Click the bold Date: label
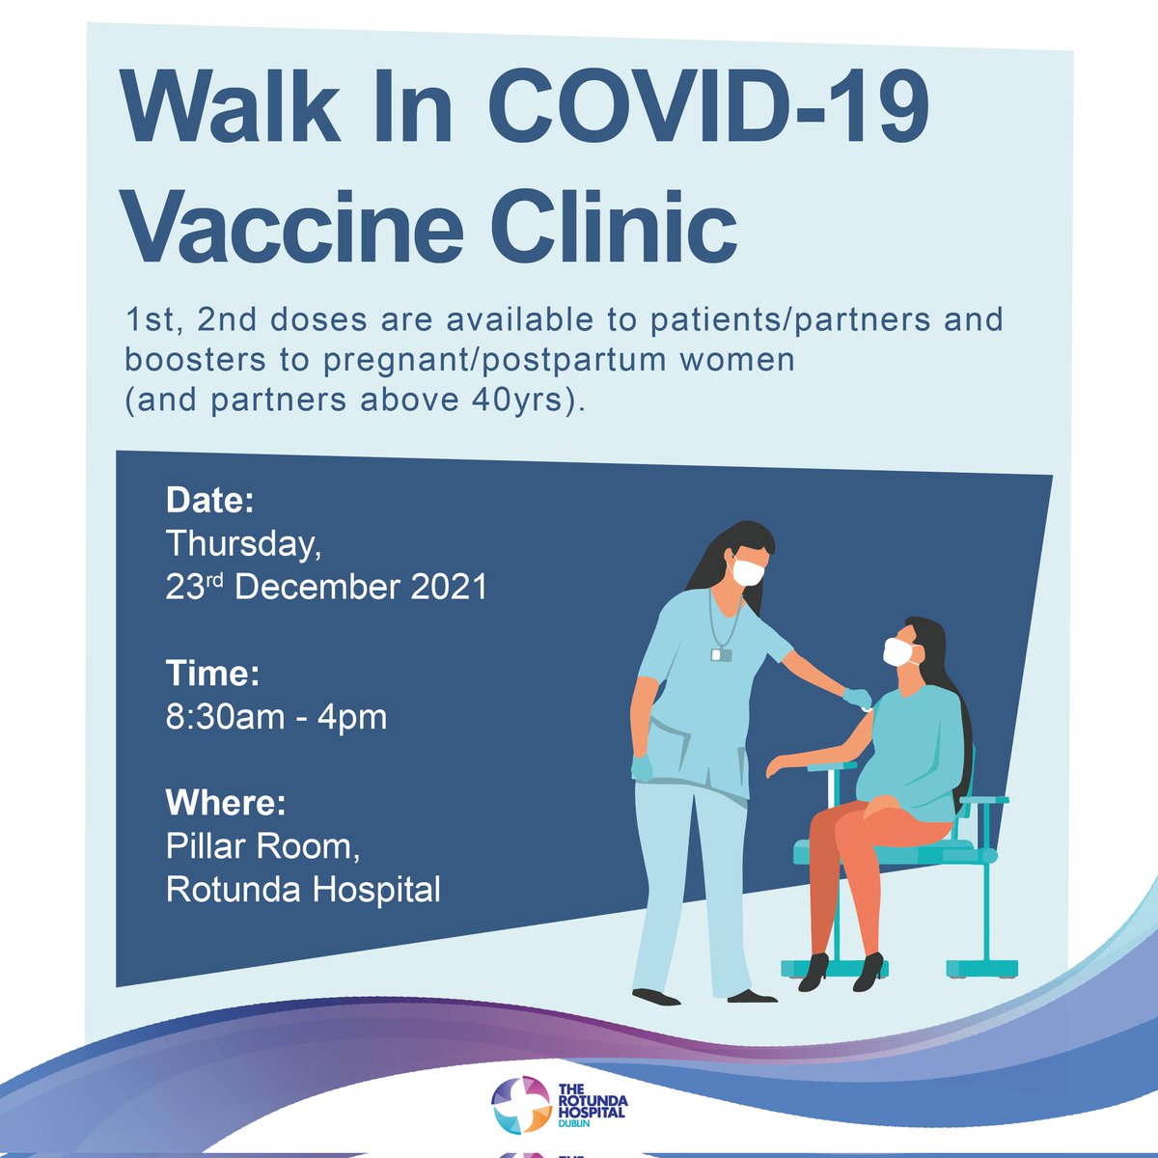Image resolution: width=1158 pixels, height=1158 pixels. (x=209, y=500)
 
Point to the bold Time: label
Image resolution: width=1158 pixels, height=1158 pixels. (x=212, y=673)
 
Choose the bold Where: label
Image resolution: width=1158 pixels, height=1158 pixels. (x=226, y=803)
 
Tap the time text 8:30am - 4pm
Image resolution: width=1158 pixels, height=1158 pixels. (x=276, y=717)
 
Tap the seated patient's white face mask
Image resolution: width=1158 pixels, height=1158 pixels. (x=898, y=652)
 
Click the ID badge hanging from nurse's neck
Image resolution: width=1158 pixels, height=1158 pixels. (x=722, y=654)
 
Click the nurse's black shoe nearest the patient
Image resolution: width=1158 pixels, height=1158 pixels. (x=752, y=995)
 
